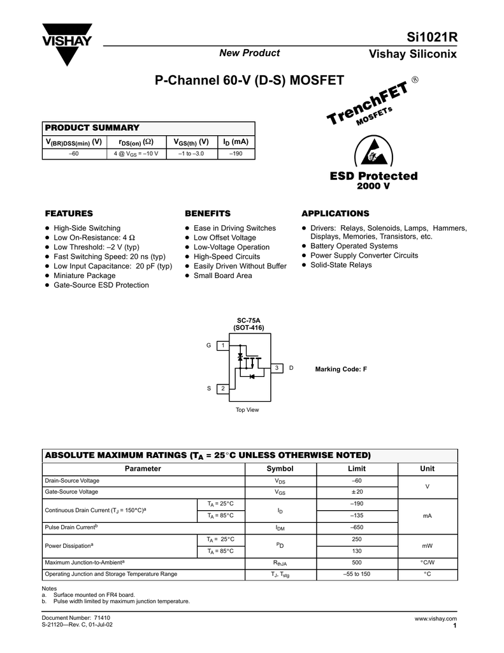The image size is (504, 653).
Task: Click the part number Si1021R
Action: click(431, 38)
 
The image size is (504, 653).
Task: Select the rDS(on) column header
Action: click(135, 142)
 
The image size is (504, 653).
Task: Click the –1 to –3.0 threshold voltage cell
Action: click(191, 154)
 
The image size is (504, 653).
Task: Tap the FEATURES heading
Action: click(68, 213)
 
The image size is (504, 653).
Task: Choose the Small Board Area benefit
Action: click(222, 275)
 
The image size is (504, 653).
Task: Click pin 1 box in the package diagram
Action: click(223, 346)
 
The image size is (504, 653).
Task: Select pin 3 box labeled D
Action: click(277, 369)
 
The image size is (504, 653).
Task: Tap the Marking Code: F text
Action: click(342, 369)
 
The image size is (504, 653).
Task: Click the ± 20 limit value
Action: click(356, 492)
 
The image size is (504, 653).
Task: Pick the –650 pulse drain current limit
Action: click(356, 527)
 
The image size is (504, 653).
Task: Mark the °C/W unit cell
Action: click(428, 562)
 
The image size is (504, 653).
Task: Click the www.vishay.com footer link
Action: click(436, 619)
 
